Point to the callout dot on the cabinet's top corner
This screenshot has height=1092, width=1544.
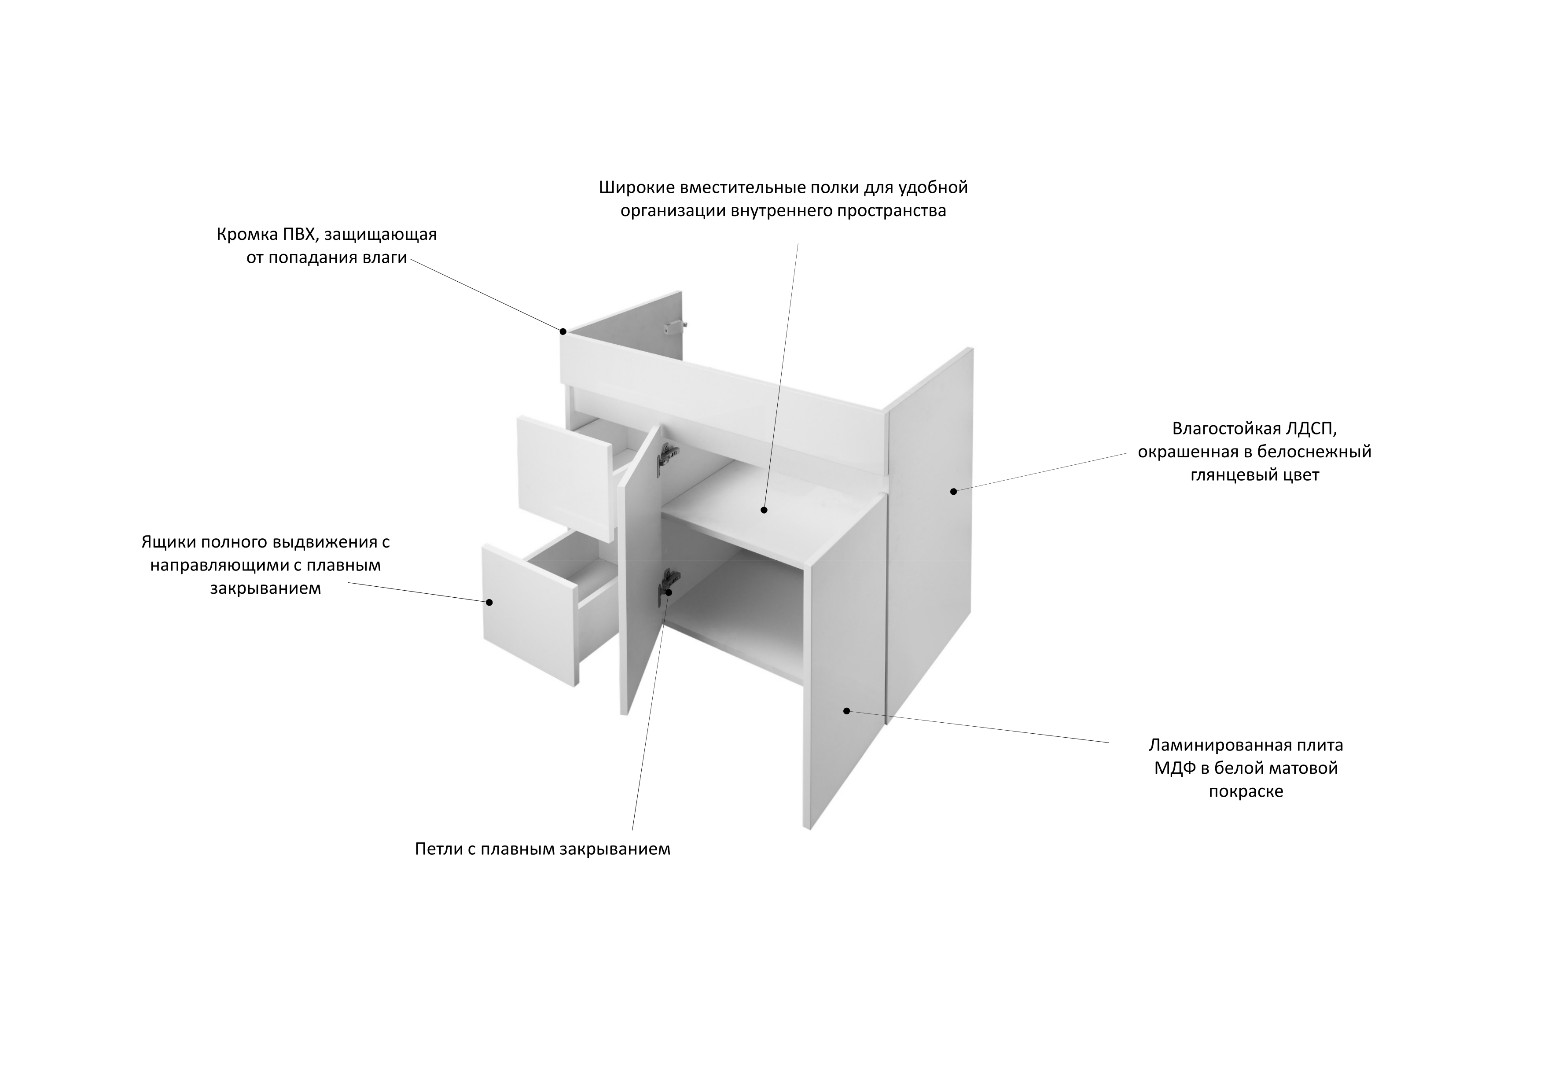pyautogui.click(x=563, y=331)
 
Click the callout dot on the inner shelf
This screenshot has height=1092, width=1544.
pyautogui.click(x=764, y=510)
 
